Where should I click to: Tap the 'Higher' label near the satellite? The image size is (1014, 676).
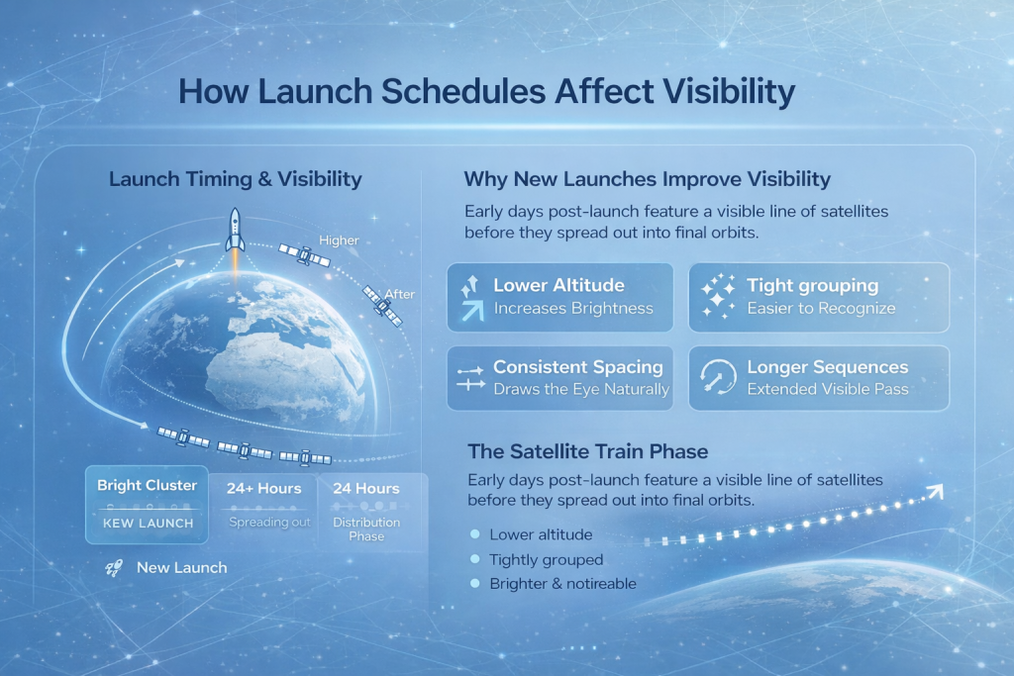339,241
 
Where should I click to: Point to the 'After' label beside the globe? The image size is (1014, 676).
400,294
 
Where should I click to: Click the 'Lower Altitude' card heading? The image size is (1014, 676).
558,285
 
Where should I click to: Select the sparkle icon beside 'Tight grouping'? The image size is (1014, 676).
719,297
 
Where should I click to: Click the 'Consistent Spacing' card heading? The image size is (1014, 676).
578,367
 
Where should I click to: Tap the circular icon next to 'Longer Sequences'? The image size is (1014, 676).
718,376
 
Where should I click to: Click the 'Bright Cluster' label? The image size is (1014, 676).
147,485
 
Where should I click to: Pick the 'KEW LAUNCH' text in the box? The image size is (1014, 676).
149,524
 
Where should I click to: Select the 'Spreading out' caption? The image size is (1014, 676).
269,523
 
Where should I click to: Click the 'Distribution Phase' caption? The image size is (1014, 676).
366,529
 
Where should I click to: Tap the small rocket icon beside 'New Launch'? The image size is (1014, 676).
114,568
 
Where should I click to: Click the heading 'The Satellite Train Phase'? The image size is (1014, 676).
588,451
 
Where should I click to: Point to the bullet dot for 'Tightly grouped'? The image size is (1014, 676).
475,559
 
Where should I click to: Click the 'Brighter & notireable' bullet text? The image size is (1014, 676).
562,584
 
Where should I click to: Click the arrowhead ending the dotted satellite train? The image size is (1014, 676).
935,492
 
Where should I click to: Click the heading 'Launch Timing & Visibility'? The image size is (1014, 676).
236,179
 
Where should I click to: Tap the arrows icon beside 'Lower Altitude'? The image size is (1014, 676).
471,298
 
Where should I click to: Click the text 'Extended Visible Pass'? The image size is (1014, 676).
828,389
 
